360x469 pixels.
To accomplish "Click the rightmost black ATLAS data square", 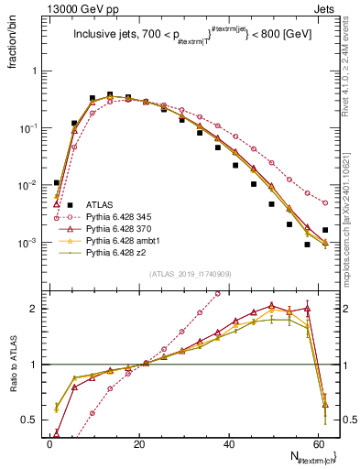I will [325, 230].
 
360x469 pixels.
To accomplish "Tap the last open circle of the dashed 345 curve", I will [325, 202].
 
